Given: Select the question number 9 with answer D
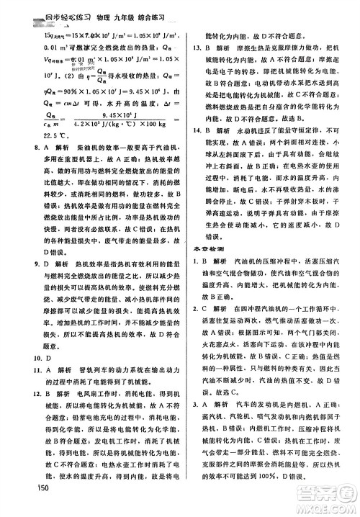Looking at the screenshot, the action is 27,284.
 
